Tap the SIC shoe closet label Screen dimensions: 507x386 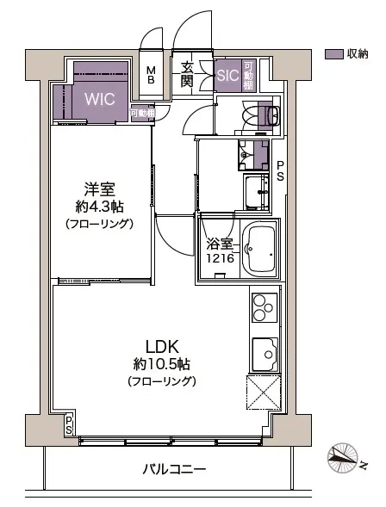coord(227,75)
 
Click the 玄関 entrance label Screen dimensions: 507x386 coord(187,75)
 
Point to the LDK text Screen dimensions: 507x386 coord(161,347)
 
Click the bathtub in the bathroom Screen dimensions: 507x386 coord(258,251)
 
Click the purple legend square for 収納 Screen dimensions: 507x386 coord(333,54)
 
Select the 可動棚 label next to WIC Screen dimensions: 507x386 coord(142,114)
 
